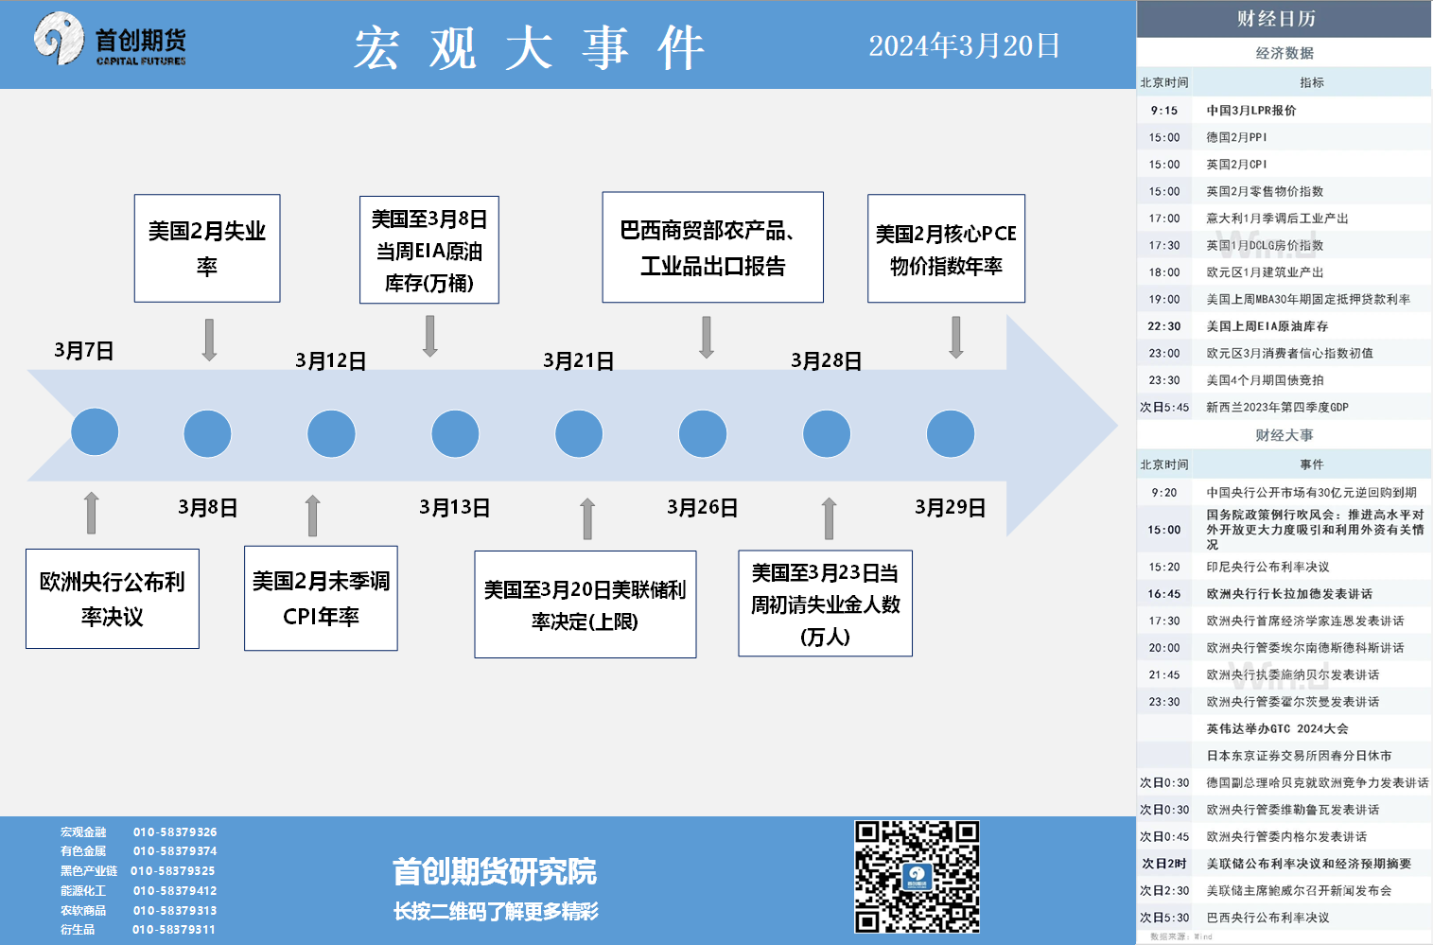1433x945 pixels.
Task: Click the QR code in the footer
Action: [917, 877]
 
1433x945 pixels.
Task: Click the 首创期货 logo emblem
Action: [59, 39]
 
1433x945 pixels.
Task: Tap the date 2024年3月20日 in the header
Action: [964, 46]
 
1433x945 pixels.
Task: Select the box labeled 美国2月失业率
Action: [207, 248]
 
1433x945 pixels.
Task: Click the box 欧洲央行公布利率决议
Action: [113, 599]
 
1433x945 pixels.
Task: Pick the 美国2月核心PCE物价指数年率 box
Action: [946, 248]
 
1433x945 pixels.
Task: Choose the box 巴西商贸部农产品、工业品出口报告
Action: [712, 247]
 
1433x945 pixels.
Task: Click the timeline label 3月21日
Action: [578, 360]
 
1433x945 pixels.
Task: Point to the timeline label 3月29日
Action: [950, 507]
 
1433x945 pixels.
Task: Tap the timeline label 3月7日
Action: [84, 351]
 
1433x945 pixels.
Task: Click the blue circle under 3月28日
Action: [827, 434]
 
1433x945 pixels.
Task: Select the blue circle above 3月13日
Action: [455, 434]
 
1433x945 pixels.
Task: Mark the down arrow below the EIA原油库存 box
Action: [429, 336]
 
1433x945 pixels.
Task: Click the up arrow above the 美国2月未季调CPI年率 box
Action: [312, 516]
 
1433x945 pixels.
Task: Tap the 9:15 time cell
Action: [1163, 110]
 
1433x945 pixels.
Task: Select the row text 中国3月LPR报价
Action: [1251, 110]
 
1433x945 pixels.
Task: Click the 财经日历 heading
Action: [1276, 19]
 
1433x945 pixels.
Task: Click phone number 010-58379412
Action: [175, 891]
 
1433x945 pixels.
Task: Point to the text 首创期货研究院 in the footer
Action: [495, 871]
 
